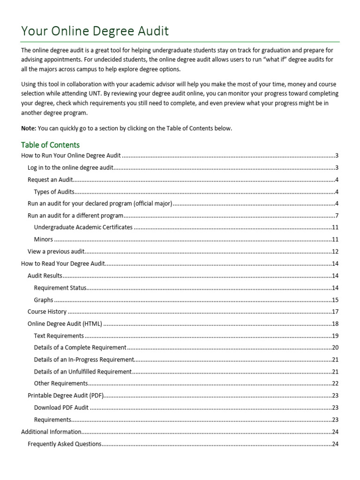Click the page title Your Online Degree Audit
pyautogui.click(x=95, y=31)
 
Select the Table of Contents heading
pyautogui.click(x=51, y=145)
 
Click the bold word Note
pyautogui.click(x=28, y=128)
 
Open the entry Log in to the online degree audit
pyautogui.click(x=71, y=168)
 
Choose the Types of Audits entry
pyautogui.click(x=54, y=192)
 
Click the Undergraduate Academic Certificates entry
pyautogui.click(x=83, y=227)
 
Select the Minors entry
pyautogui.click(x=44, y=240)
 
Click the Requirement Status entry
pyautogui.click(x=60, y=288)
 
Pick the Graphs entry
pyautogui.click(x=44, y=300)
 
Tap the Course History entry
pyautogui.click(x=47, y=312)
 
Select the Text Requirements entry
pyautogui.click(x=59, y=336)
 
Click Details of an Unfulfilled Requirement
pyautogui.click(x=83, y=372)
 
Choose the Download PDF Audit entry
pyautogui.click(x=61, y=408)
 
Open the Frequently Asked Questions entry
pyautogui.click(x=65, y=444)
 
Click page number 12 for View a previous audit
pyautogui.click(x=335, y=252)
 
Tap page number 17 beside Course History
pyautogui.click(x=335, y=312)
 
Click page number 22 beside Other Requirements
pyautogui.click(x=335, y=384)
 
